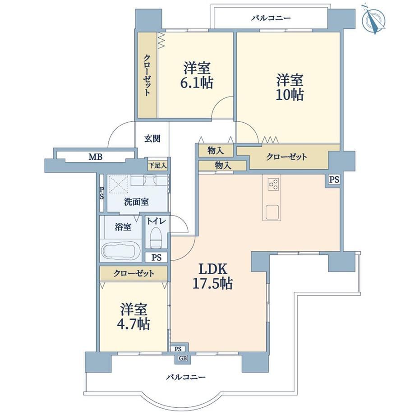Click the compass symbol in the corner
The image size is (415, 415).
click(x=373, y=19)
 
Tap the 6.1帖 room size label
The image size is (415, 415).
click(x=197, y=83)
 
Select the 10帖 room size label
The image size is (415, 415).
click(x=290, y=95)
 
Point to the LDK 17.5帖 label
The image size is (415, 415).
click(x=212, y=277)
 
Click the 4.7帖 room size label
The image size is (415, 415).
click(x=134, y=323)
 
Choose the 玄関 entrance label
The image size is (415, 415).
click(x=152, y=138)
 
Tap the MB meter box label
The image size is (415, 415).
click(x=96, y=157)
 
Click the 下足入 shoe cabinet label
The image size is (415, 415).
click(x=157, y=166)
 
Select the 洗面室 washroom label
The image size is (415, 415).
click(x=136, y=202)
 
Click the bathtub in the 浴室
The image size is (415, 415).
click(x=121, y=250)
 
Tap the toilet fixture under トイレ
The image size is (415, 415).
click(x=156, y=237)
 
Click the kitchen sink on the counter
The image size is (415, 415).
click(x=272, y=212)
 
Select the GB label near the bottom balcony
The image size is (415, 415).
click(x=183, y=358)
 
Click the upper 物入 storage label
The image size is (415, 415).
click(x=216, y=151)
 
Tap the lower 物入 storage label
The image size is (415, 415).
click(x=223, y=166)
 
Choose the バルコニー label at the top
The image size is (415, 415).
click(x=271, y=18)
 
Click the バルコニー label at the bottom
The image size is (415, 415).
click(x=186, y=377)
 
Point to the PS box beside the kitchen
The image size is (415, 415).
click(x=334, y=180)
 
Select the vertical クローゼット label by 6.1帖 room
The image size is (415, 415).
click(x=147, y=75)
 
